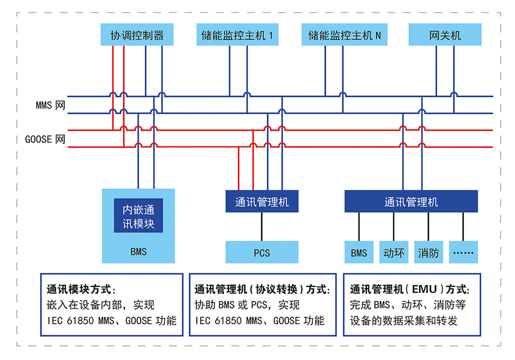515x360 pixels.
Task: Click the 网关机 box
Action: point(445,35)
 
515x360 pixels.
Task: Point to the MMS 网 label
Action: point(50,105)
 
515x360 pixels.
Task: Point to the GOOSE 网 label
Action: point(45,139)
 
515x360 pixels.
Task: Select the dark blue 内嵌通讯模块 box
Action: point(138,216)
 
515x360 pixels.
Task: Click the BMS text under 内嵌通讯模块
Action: point(138,252)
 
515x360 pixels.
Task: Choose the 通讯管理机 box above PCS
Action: point(262,202)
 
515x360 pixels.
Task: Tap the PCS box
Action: point(262,253)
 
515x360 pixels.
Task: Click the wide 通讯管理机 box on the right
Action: point(411,202)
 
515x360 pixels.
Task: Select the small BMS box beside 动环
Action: point(359,253)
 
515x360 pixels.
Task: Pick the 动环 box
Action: point(393,253)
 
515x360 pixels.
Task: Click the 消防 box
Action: point(428,253)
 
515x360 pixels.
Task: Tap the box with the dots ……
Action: point(463,253)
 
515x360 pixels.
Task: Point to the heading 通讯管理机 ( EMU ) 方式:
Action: point(409,289)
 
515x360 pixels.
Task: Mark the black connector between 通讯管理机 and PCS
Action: point(262,227)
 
